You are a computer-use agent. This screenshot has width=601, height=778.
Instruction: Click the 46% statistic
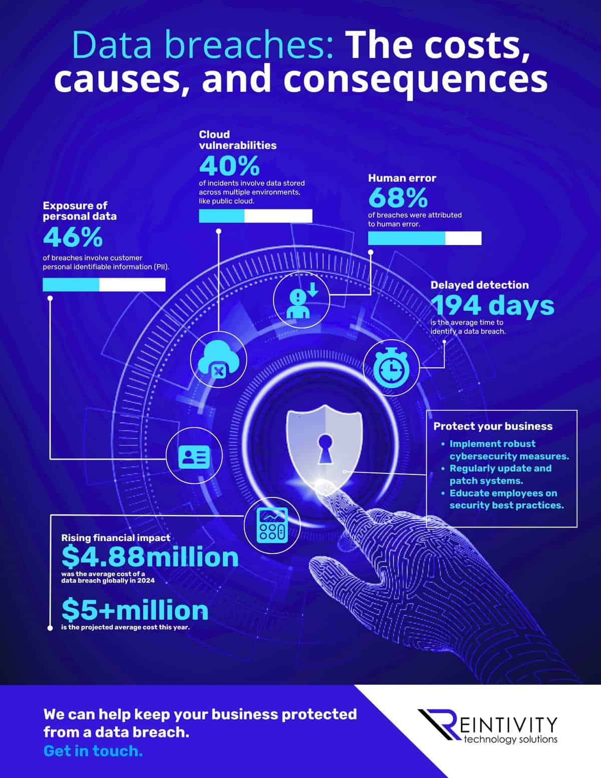(73, 237)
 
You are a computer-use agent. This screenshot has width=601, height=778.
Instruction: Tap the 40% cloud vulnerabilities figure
(229, 166)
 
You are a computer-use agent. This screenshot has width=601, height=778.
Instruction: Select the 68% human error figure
(398, 198)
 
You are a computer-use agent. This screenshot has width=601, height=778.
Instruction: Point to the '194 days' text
(492, 306)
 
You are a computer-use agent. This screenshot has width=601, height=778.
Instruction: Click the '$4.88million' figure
(150, 557)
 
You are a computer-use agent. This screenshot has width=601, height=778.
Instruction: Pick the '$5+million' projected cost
(135, 610)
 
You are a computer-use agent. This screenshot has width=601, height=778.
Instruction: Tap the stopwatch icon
(391, 368)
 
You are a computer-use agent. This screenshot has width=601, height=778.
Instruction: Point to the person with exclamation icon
(300, 300)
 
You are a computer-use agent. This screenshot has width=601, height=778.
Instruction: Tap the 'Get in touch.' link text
(93, 751)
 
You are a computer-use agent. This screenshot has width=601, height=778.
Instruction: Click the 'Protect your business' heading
(493, 426)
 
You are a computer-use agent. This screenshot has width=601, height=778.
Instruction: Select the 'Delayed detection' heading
(479, 285)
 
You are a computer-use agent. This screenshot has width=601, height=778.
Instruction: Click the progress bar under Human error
(425, 238)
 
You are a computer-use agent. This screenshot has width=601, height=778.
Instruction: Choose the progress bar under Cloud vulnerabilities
(255, 216)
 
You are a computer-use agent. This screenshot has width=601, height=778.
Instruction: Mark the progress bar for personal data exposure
(104, 285)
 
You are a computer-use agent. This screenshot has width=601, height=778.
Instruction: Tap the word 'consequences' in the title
(424, 80)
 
